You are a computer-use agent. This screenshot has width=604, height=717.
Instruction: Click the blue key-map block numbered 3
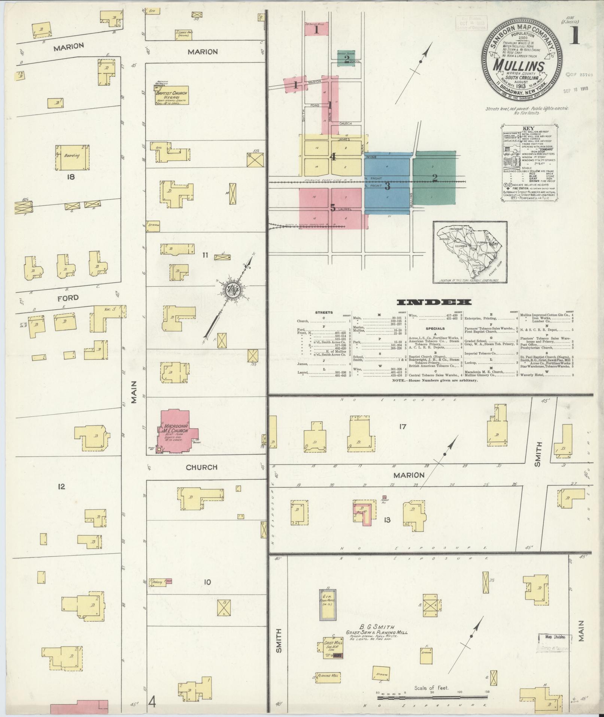(388, 185)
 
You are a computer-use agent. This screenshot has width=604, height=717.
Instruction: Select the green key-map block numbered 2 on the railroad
(434, 178)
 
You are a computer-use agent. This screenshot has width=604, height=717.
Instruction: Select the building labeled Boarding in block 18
(73, 156)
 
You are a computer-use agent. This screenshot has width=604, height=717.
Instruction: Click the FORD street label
(68, 298)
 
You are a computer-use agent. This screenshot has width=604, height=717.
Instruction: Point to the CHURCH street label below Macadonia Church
(201, 467)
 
